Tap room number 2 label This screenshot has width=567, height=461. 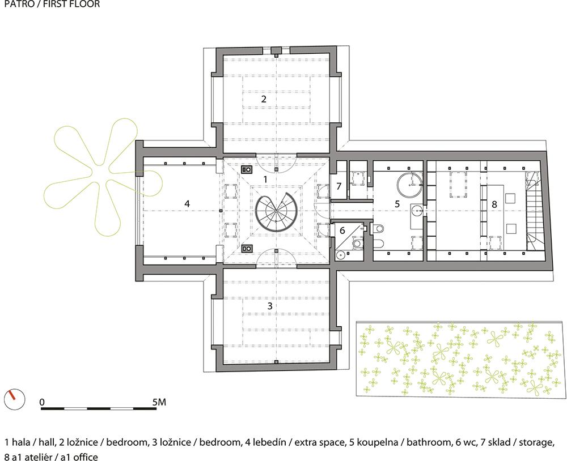click(264, 99)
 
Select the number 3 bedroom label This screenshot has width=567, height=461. click(269, 306)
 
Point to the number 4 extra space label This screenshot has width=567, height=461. click(187, 204)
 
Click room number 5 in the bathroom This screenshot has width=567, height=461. click(397, 204)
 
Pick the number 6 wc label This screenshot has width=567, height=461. click(342, 231)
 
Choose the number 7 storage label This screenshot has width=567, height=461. click(339, 186)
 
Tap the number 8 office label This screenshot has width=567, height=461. click(494, 204)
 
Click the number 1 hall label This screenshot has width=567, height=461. click(265, 179)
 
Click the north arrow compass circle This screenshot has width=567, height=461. click(14, 400)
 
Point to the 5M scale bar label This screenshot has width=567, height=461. click(159, 402)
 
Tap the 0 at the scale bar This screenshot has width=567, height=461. click(43, 402)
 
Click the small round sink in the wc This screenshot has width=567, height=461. click(341, 255)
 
